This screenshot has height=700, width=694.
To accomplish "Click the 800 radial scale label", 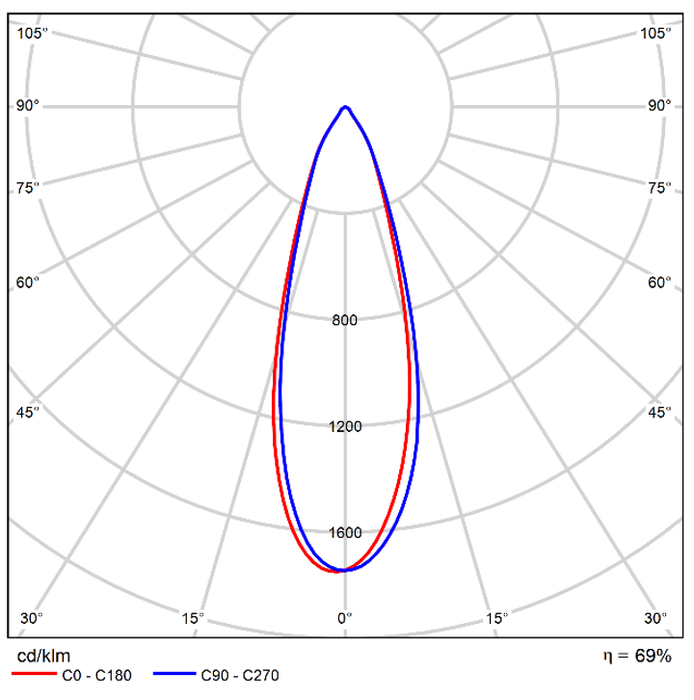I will (345, 321).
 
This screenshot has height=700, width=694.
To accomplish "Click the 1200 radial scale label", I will (345, 427).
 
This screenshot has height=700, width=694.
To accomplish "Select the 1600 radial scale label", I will (345, 533).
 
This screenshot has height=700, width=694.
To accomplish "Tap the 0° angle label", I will (345, 618).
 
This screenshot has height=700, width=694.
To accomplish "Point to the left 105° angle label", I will (32, 33).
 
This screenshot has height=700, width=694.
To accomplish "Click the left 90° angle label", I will (28, 105).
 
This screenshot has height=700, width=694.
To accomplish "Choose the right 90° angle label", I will (659, 105).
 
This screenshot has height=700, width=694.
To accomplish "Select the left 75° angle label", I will (28, 187).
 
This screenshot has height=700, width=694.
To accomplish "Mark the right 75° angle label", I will (659, 187).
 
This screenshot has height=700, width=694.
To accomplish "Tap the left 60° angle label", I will (28, 283).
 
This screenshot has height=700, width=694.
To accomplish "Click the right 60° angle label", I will (659, 283).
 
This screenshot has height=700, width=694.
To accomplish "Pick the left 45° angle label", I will (28, 413).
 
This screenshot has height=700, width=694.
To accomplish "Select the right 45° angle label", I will (659, 413).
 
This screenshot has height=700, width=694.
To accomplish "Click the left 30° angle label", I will (32, 618).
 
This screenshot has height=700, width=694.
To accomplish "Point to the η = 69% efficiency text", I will (637, 657).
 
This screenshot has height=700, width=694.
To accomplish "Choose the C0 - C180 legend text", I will (95, 676).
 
